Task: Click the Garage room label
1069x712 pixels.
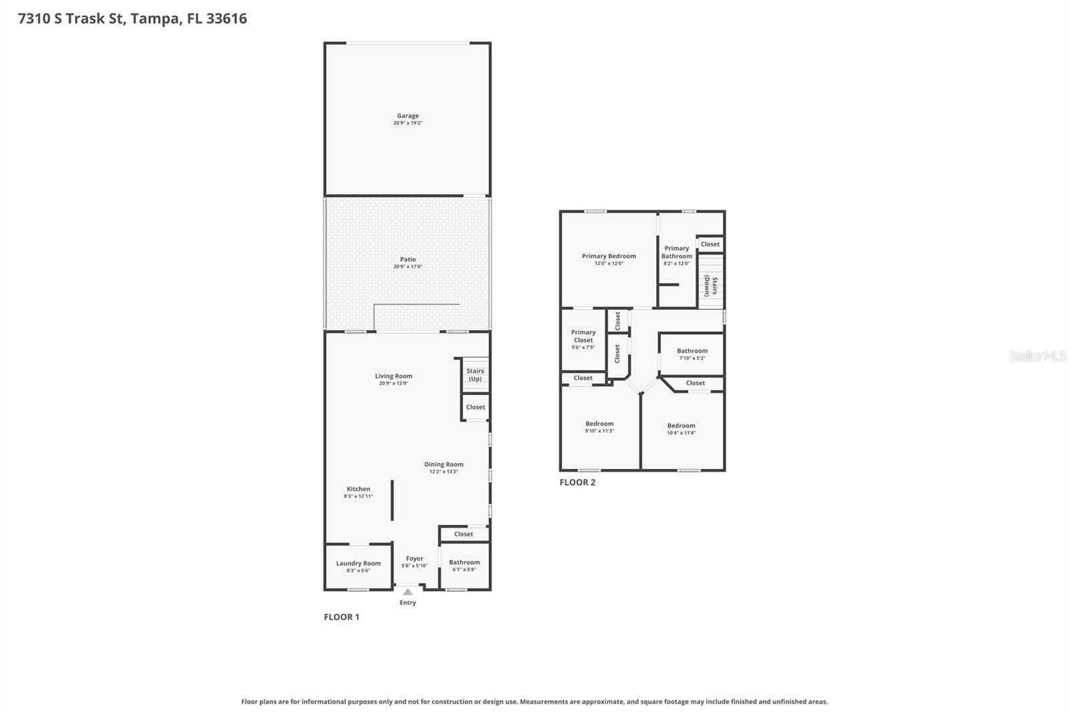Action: coord(408,116)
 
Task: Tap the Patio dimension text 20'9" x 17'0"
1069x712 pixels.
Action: coord(408,267)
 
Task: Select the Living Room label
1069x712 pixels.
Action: coord(394,376)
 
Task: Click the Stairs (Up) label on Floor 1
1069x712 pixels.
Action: coord(475,375)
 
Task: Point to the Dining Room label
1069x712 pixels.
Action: coord(444,464)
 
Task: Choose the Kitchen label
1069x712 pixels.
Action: coord(358,489)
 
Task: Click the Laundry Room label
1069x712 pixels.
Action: coord(358,563)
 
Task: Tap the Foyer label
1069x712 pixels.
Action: coord(414,558)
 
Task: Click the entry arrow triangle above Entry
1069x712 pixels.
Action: coord(408,592)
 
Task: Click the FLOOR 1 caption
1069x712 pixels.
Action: coord(341,617)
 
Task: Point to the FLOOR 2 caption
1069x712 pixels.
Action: coord(577,482)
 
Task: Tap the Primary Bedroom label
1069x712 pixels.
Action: coord(609,256)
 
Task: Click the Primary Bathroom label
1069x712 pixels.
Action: coord(677,252)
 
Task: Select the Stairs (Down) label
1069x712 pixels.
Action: coord(711,286)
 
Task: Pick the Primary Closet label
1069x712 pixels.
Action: coord(583,336)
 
